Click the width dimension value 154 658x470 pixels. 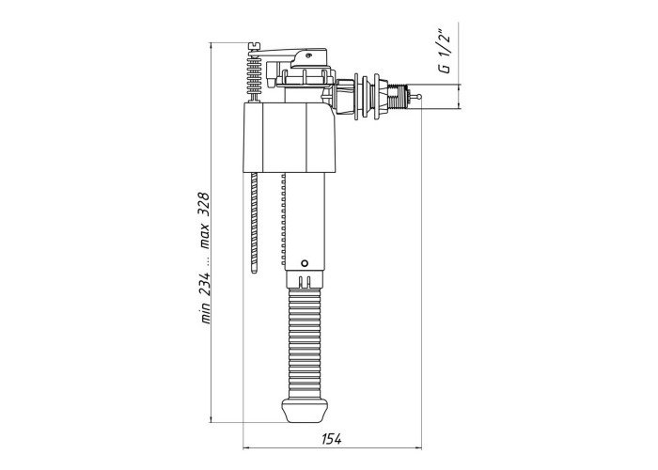(332, 439)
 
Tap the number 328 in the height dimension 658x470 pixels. (204, 205)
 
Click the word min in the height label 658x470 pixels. (205, 314)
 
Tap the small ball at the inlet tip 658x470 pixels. (418, 97)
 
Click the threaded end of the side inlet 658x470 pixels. (398, 96)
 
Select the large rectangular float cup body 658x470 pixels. (290, 137)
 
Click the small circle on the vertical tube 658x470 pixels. (305, 263)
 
